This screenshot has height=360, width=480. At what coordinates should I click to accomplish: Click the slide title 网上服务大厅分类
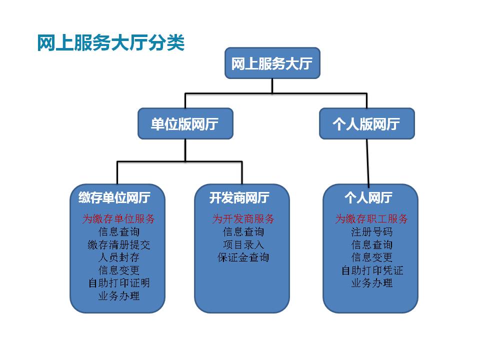[111, 43]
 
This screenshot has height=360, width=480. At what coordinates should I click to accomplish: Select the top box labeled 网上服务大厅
[272, 63]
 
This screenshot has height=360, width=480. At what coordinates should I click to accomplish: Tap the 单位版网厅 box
[185, 123]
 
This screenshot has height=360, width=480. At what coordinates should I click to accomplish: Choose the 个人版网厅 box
[366, 123]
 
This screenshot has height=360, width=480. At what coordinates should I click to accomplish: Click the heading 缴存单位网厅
[114, 198]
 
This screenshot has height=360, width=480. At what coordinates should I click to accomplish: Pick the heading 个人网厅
[368, 198]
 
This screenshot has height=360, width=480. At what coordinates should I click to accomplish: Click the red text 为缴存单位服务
[118, 219]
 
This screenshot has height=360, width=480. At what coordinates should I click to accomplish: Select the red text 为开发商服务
[243, 219]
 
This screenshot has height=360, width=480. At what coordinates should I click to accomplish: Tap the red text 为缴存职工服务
[371, 219]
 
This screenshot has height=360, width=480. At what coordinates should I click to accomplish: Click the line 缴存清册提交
[118, 245]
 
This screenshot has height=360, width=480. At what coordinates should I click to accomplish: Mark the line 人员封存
[118, 258]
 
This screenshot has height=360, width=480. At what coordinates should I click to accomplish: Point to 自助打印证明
[118, 283]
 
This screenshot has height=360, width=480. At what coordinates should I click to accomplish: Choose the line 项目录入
[243, 245]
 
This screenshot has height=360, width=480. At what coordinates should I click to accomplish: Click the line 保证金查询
[243, 258]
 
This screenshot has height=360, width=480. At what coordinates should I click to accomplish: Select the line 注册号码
[371, 232]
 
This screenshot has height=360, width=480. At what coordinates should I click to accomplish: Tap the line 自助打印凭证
[371, 271]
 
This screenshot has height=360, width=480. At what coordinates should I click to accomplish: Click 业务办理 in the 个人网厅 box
[371, 283]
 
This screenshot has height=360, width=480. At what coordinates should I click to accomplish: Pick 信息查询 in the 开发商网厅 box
[243, 232]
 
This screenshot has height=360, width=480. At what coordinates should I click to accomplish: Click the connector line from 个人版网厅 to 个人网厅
[367, 162]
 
